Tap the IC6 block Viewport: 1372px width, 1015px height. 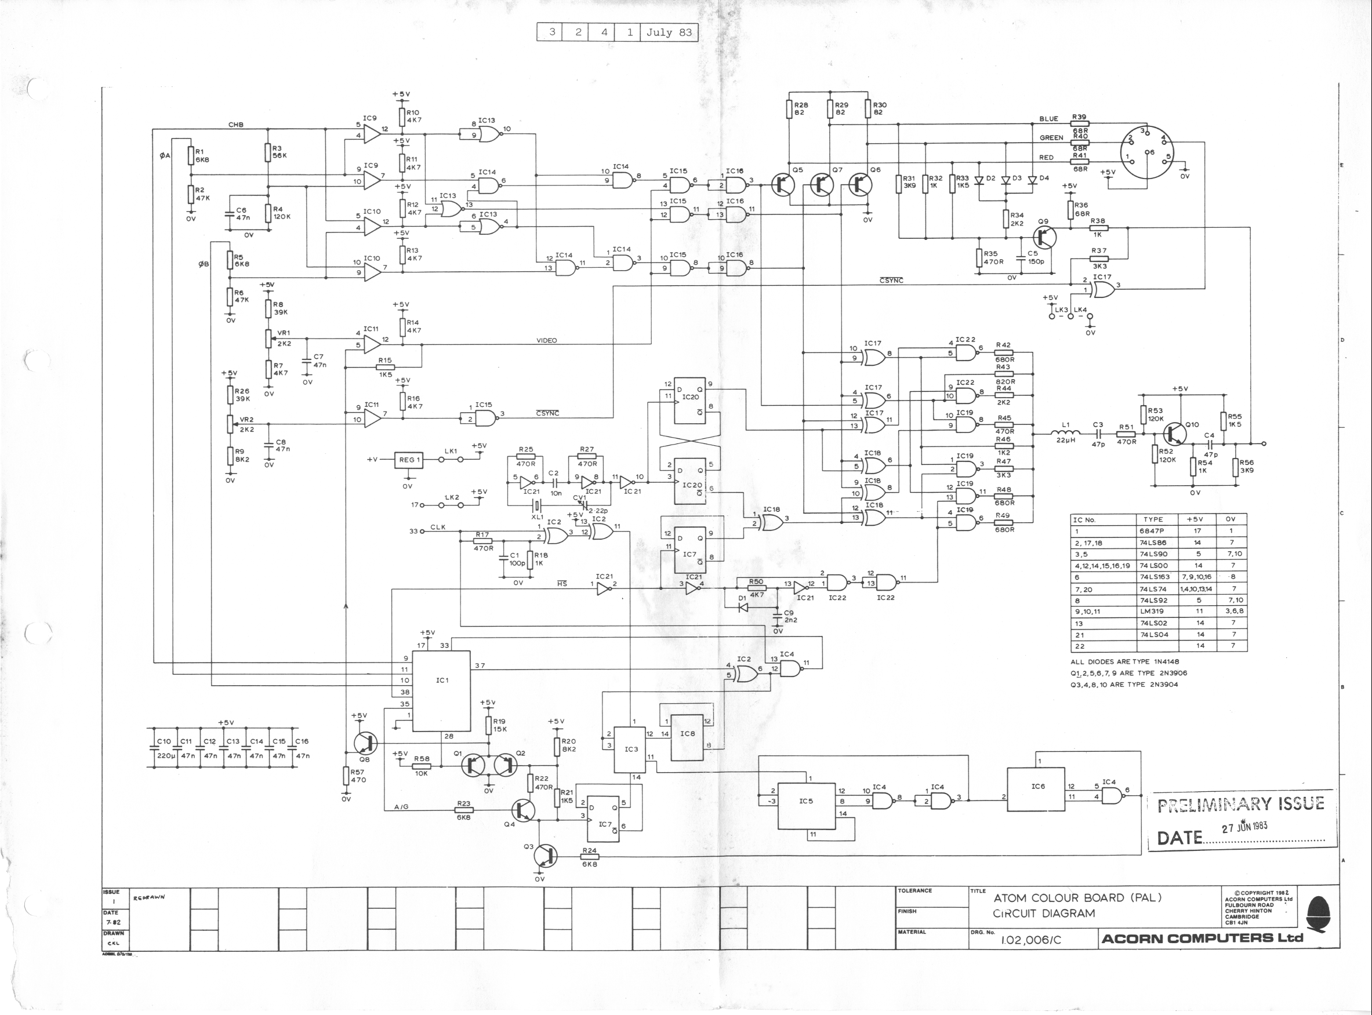click(x=1037, y=789)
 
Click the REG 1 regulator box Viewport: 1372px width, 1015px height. click(x=409, y=460)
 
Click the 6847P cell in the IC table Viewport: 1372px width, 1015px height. click(x=1153, y=531)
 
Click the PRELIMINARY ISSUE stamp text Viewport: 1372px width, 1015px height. click(x=1240, y=804)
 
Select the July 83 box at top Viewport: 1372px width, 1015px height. click(x=669, y=32)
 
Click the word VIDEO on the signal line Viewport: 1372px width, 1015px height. click(x=546, y=340)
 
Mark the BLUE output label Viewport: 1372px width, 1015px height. click(x=1048, y=119)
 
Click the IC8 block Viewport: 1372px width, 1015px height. click(x=687, y=736)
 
